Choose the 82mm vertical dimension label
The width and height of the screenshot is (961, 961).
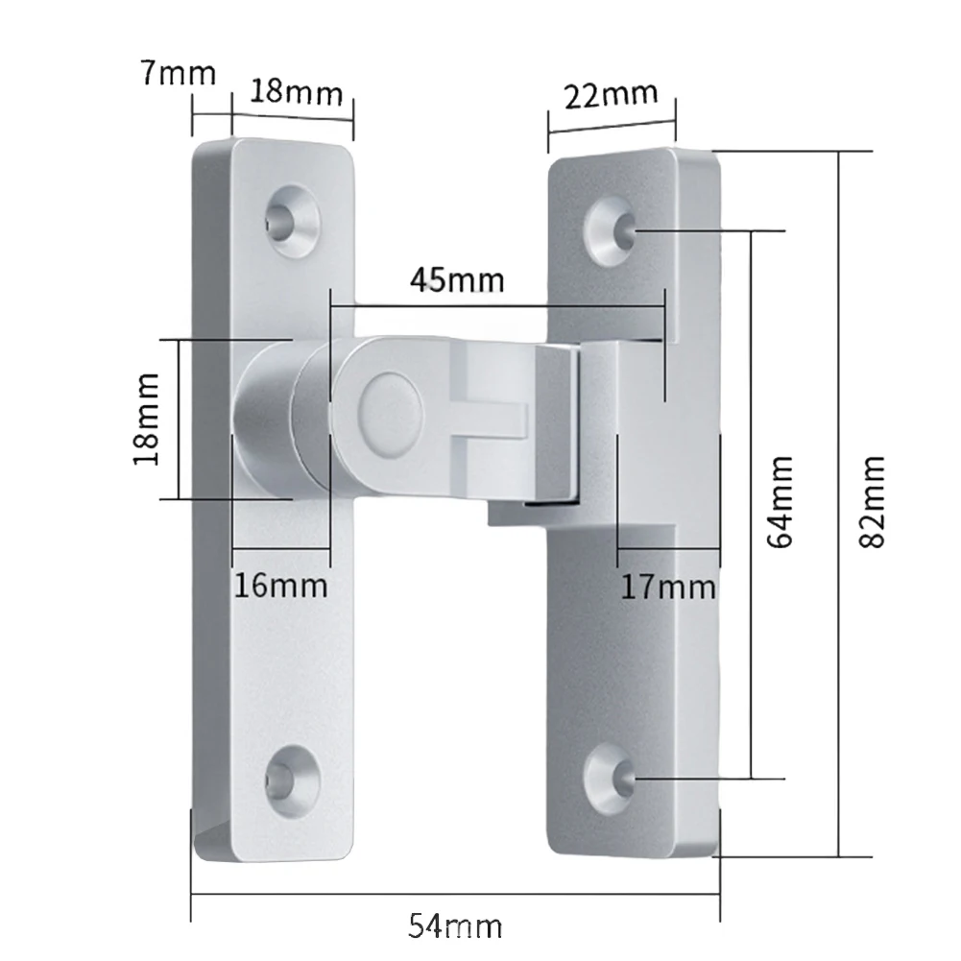coord(872,501)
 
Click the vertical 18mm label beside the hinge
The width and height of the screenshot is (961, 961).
coord(146,419)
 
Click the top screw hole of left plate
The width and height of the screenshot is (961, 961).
coord(292,218)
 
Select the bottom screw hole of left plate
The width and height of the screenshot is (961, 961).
coord(291,778)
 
